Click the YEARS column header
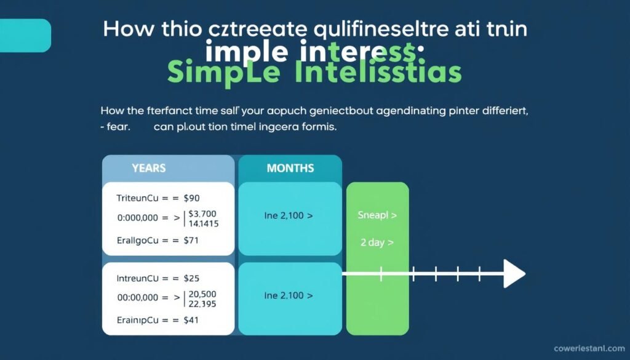coord(148,168)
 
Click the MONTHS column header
coord(290,168)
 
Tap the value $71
coord(191,241)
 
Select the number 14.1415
coord(204,224)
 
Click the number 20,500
coord(203,293)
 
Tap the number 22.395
coord(202,303)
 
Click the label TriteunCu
coord(141,198)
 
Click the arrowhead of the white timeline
coord(514,273)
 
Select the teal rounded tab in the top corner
coord(25,35)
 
